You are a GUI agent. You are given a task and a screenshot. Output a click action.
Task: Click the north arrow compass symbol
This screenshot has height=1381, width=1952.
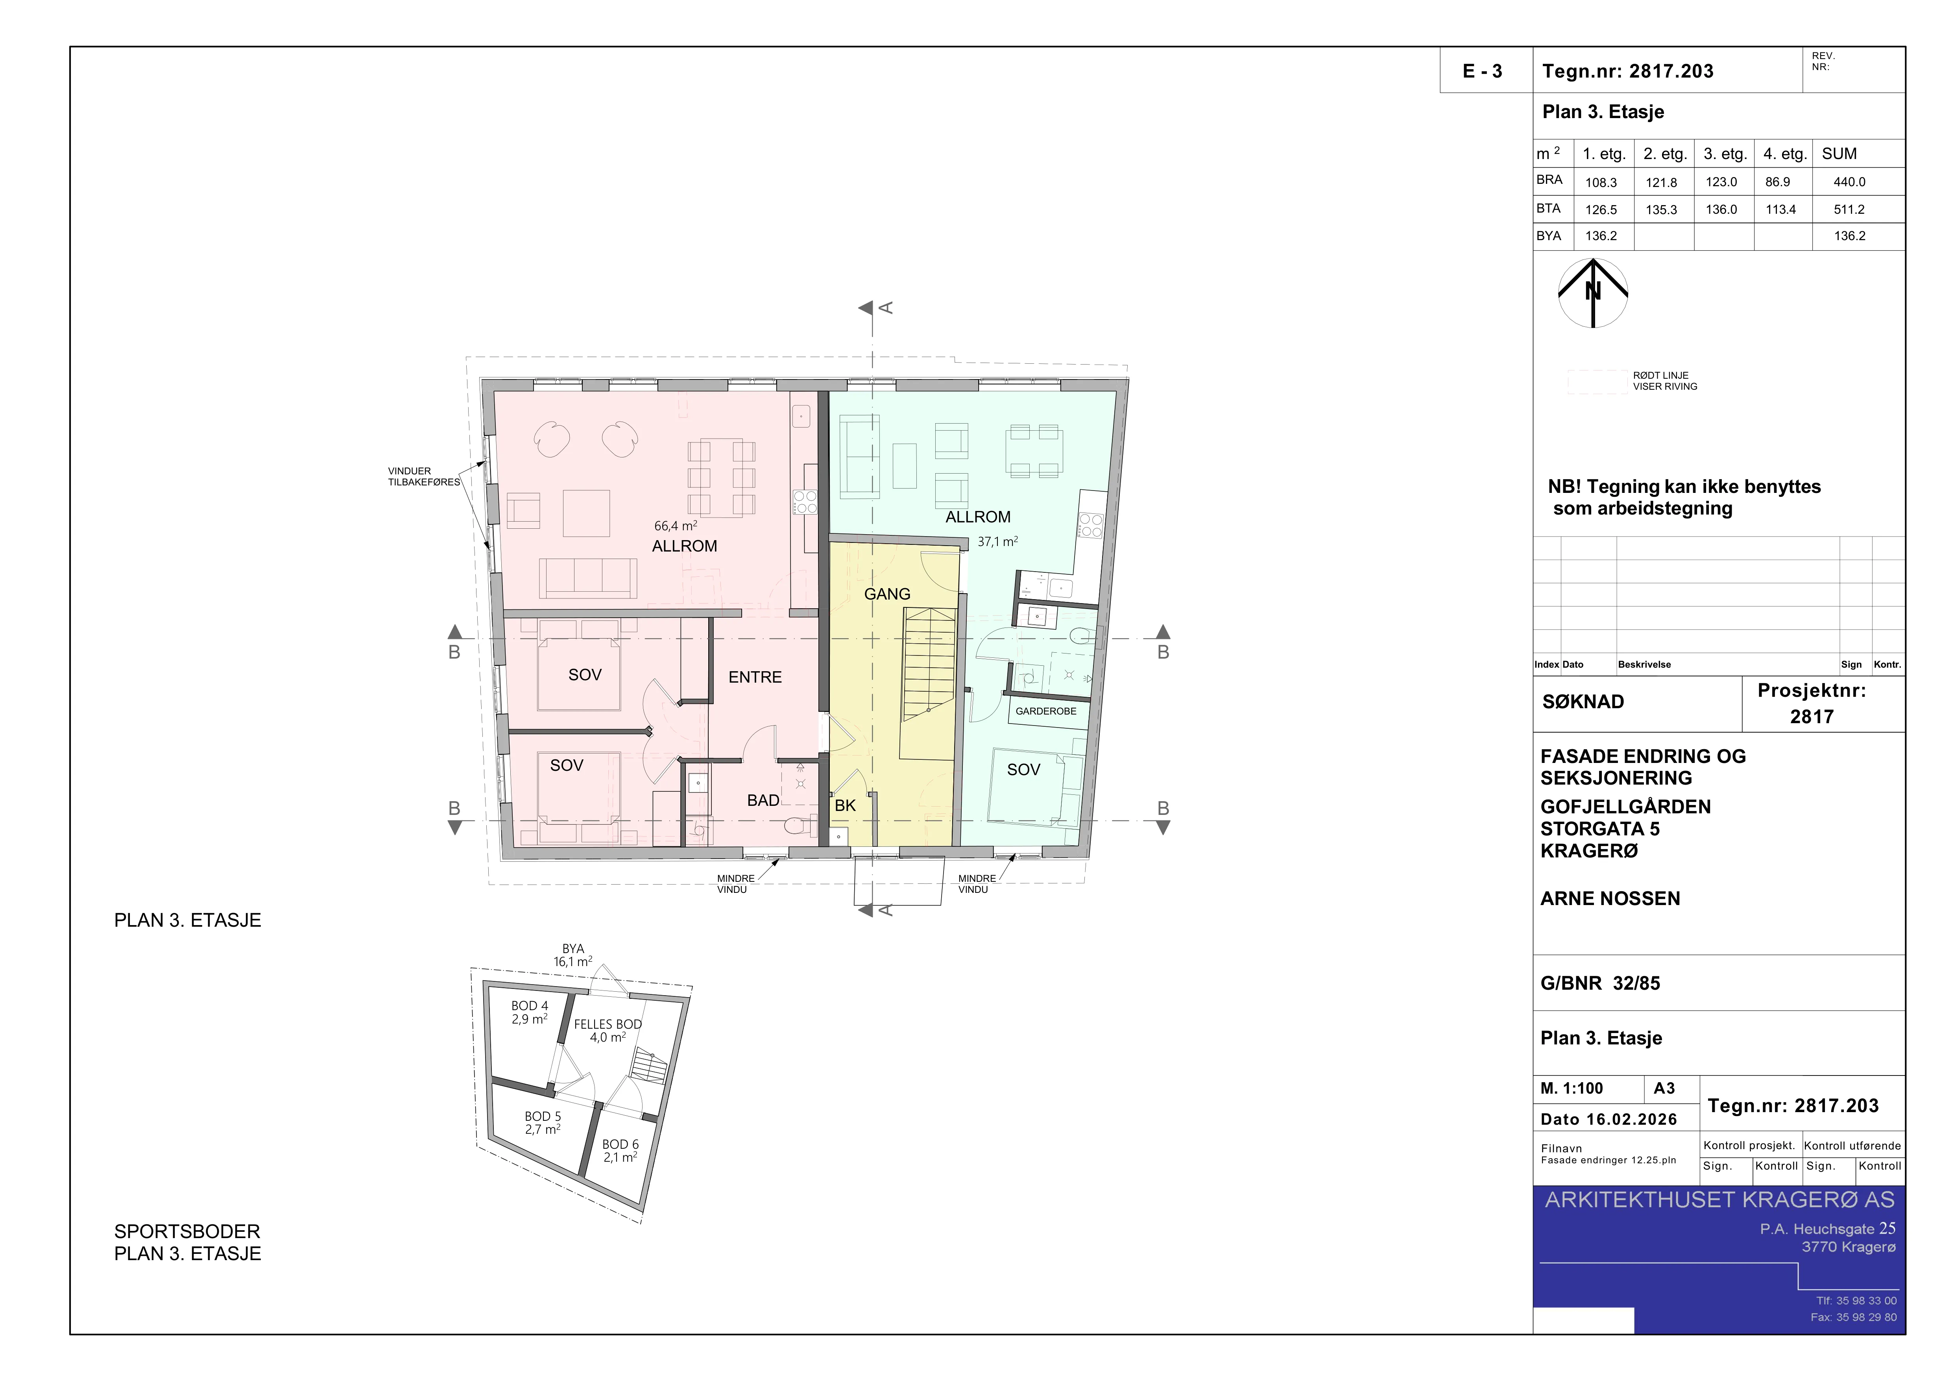click(1592, 292)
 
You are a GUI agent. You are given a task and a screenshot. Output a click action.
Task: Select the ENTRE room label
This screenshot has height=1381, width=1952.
click(755, 677)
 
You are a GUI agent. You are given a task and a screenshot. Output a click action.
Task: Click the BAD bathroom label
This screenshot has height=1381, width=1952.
click(763, 800)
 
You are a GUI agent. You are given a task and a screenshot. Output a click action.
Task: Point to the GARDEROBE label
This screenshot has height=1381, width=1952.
click(1046, 711)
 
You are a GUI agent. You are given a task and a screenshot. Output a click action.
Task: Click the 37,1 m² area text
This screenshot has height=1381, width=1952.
click(997, 541)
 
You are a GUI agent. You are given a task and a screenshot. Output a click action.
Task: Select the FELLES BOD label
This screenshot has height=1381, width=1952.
click(608, 1024)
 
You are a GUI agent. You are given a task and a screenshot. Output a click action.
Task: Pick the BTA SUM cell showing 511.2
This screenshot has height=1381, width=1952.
click(1849, 209)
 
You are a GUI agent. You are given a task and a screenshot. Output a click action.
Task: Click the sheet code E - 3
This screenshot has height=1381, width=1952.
click(1482, 71)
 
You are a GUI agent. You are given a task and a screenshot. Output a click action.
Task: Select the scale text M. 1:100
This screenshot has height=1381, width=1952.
click(1571, 1089)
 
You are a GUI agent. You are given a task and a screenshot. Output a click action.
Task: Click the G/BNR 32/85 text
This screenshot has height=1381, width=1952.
click(1600, 983)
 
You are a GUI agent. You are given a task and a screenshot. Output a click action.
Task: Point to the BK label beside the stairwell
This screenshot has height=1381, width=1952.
click(845, 805)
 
